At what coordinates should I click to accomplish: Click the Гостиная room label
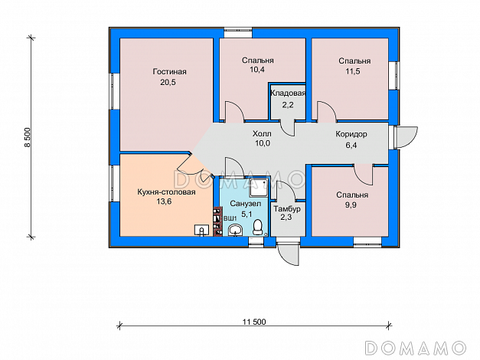tap(169, 72)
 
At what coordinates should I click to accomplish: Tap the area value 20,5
tap(168, 83)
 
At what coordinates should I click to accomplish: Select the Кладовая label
tap(288, 93)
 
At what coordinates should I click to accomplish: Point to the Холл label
tap(262, 133)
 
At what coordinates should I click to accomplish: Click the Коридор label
tap(351, 134)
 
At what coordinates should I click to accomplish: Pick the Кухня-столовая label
tap(166, 192)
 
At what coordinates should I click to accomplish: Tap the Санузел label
tap(246, 204)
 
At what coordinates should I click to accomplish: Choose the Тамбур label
tap(287, 209)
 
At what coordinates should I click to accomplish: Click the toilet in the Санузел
tap(258, 227)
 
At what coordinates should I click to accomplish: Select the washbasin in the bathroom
tap(235, 230)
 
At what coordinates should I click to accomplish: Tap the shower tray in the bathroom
tap(258, 188)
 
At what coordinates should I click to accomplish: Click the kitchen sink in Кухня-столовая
tap(202, 230)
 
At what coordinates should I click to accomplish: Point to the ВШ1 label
tap(230, 218)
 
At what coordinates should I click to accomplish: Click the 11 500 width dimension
tap(254, 322)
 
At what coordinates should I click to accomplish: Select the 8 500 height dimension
tap(28, 137)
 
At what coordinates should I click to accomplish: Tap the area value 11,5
tap(353, 71)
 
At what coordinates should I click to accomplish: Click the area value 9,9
tap(351, 205)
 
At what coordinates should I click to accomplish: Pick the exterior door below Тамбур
tap(288, 254)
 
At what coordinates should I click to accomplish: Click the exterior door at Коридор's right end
tap(406, 138)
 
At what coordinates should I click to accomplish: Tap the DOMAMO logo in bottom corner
tap(416, 348)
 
